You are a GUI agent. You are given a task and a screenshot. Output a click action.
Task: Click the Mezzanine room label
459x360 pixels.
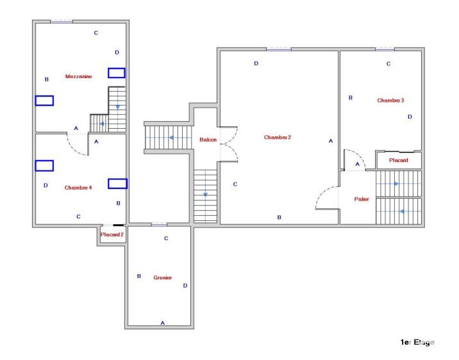coord(78,76)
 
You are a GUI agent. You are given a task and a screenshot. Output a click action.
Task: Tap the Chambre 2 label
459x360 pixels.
coord(278,137)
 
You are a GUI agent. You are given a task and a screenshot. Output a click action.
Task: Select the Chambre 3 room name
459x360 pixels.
coord(390,100)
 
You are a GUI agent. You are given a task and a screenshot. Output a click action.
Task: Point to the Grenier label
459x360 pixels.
coord(162,277)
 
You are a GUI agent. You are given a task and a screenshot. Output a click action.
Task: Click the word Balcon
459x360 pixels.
coord(208,140)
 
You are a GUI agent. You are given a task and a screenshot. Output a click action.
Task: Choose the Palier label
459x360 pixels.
coord(362,199)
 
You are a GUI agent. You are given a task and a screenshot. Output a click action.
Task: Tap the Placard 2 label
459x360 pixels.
coord(112,235)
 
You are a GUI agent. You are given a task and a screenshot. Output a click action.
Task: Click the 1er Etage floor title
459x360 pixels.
coord(417,343)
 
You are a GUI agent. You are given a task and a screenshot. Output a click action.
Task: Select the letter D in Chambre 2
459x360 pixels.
coord(256,63)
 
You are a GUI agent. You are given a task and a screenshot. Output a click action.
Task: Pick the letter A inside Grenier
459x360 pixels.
coord(162,323)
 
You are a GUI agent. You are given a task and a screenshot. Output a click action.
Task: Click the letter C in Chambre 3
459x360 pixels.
coord(388,63)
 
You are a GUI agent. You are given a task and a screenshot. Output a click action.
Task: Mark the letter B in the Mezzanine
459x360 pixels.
coord(46,79)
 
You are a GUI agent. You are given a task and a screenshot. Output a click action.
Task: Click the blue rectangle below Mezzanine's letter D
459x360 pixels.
coord(116,72)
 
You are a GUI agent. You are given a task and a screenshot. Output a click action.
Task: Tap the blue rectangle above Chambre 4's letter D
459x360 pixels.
coord(44,165)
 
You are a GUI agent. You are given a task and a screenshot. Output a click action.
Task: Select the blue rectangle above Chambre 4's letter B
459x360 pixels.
coord(117,183)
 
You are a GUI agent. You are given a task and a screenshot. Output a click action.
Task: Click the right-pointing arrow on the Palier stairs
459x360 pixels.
coord(396,184)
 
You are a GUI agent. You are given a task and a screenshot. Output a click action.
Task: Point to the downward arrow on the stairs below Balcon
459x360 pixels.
coord(204,195)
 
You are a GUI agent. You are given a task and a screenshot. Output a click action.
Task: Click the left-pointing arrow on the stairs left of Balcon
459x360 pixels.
coord(171,137)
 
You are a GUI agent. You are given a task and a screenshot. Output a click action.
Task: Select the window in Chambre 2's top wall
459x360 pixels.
coord(278,49)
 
